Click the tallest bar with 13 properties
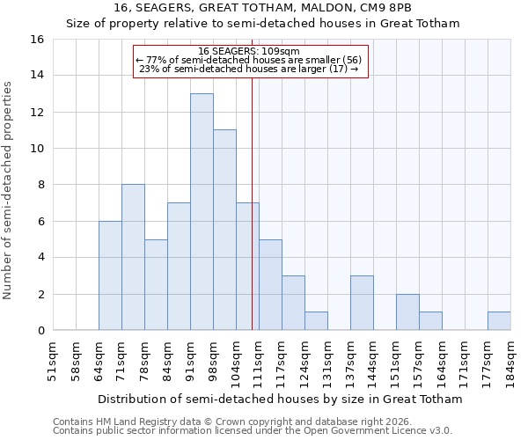tap(202, 212)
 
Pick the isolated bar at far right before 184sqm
tap(499, 321)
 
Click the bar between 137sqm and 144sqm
tap(362, 303)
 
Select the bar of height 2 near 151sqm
tap(407, 312)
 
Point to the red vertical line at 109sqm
tap(252, 194)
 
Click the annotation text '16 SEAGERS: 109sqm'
tap(249, 51)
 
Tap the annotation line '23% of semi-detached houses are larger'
tap(249, 69)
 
